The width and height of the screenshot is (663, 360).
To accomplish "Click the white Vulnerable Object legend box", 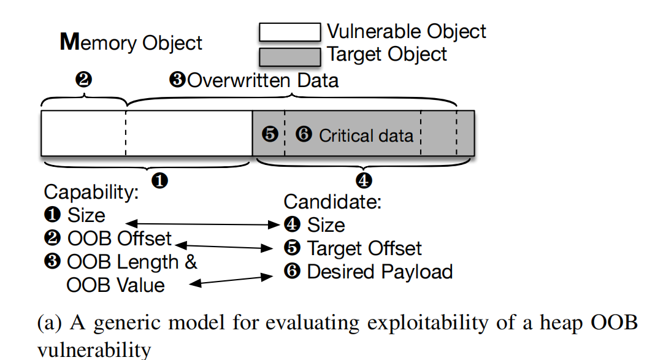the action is (289, 32).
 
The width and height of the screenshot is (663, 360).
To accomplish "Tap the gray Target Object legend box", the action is (289, 57).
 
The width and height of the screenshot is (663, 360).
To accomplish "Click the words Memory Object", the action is (131, 43).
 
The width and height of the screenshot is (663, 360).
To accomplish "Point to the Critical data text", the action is (366, 136).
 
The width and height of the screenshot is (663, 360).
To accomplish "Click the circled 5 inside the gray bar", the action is (270, 134).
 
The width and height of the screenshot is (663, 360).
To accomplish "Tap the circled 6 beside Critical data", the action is (304, 134).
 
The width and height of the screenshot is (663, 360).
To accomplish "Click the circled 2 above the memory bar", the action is (83, 79).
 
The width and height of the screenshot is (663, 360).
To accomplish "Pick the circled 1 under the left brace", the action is (160, 181).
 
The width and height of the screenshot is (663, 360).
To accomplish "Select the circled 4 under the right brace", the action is (364, 181).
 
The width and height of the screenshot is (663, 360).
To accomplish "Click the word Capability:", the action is (91, 193).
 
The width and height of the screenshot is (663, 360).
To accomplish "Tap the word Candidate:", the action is (332, 202).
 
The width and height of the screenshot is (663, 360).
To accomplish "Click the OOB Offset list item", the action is (108, 239).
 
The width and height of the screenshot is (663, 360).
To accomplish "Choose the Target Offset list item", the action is (353, 248).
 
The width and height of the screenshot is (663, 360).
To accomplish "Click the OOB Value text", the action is (115, 285).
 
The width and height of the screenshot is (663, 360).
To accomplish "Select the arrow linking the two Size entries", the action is (203, 224).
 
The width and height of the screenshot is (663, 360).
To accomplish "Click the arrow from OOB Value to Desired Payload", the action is (231, 280).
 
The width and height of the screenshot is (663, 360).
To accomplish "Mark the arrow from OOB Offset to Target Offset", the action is (224, 247).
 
